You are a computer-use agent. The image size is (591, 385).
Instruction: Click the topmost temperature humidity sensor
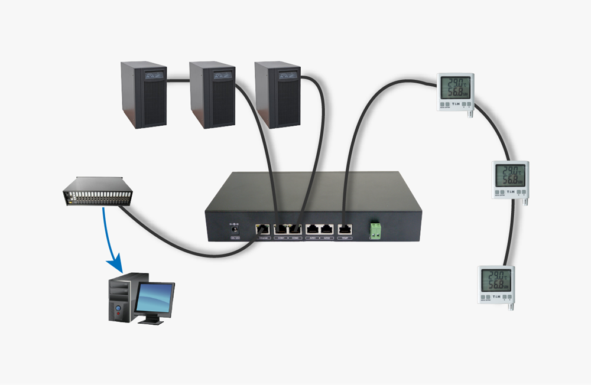[455, 92]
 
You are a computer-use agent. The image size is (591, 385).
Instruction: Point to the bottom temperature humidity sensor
[496, 284]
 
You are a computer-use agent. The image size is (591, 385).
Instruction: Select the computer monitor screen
[155, 298]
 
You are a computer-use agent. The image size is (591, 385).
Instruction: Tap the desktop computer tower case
[121, 298]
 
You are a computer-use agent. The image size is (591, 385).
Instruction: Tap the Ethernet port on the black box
[262, 229]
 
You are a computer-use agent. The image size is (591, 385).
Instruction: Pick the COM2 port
[295, 229]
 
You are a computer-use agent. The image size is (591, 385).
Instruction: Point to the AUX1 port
[313, 229]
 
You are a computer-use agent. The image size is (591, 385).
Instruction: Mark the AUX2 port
[326, 229]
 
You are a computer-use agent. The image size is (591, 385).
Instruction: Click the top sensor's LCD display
[455, 87]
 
